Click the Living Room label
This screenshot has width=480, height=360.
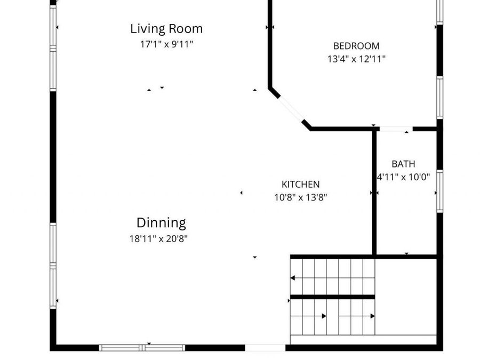tap(166, 29)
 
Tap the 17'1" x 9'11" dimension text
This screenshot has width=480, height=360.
tap(166, 44)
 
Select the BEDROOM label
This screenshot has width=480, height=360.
tap(356, 46)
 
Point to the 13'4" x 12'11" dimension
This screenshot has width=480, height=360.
tap(356, 59)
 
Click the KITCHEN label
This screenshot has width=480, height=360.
tap(301, 185)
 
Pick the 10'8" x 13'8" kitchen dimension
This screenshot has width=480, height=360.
tap(301, 197)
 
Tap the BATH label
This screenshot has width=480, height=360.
tap(404, 164)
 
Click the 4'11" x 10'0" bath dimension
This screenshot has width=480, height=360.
tap(404, 177)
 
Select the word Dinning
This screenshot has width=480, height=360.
tap(161, 223)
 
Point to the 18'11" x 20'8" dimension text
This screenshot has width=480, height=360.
tap(158, 238)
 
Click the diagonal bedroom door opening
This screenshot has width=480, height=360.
tap(291, 109)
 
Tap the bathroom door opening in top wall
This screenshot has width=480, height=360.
tap(396, 129)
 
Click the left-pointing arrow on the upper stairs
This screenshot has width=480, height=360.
tap(293, 278)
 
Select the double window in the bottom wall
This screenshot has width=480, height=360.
tap(142, 348)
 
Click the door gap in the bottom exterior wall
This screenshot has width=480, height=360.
tap(265, 348)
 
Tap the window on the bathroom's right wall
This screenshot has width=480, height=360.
tap(439, 191)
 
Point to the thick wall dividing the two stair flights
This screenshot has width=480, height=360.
tap(332, 297)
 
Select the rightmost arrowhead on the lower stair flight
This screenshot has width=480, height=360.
tap(373, 316)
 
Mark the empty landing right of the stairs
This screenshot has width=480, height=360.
tap(406, 297)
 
